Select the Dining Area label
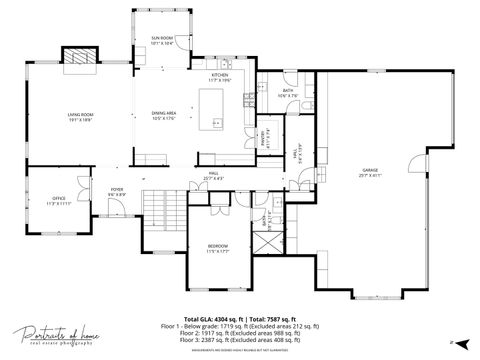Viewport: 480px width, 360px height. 163,116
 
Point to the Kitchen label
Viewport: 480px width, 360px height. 220,77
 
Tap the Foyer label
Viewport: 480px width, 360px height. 117,191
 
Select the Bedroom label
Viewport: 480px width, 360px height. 218,248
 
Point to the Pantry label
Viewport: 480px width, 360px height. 268,138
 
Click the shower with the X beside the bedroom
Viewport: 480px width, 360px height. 261,240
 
